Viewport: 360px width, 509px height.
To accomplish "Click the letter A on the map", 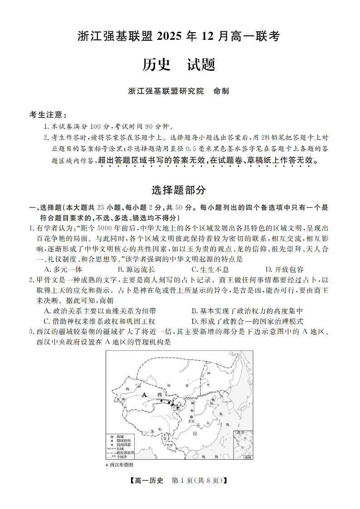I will [144, 395].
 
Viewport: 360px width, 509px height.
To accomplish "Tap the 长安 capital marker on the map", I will [192, 417].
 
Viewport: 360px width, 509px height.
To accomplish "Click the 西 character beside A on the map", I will [159, 395].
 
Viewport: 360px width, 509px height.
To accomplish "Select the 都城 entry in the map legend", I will [121, 436].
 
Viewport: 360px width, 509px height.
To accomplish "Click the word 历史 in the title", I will [156, 65].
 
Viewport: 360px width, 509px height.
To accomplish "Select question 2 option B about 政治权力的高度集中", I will [247, 311].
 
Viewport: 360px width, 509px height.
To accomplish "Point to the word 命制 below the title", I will [221, 91].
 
